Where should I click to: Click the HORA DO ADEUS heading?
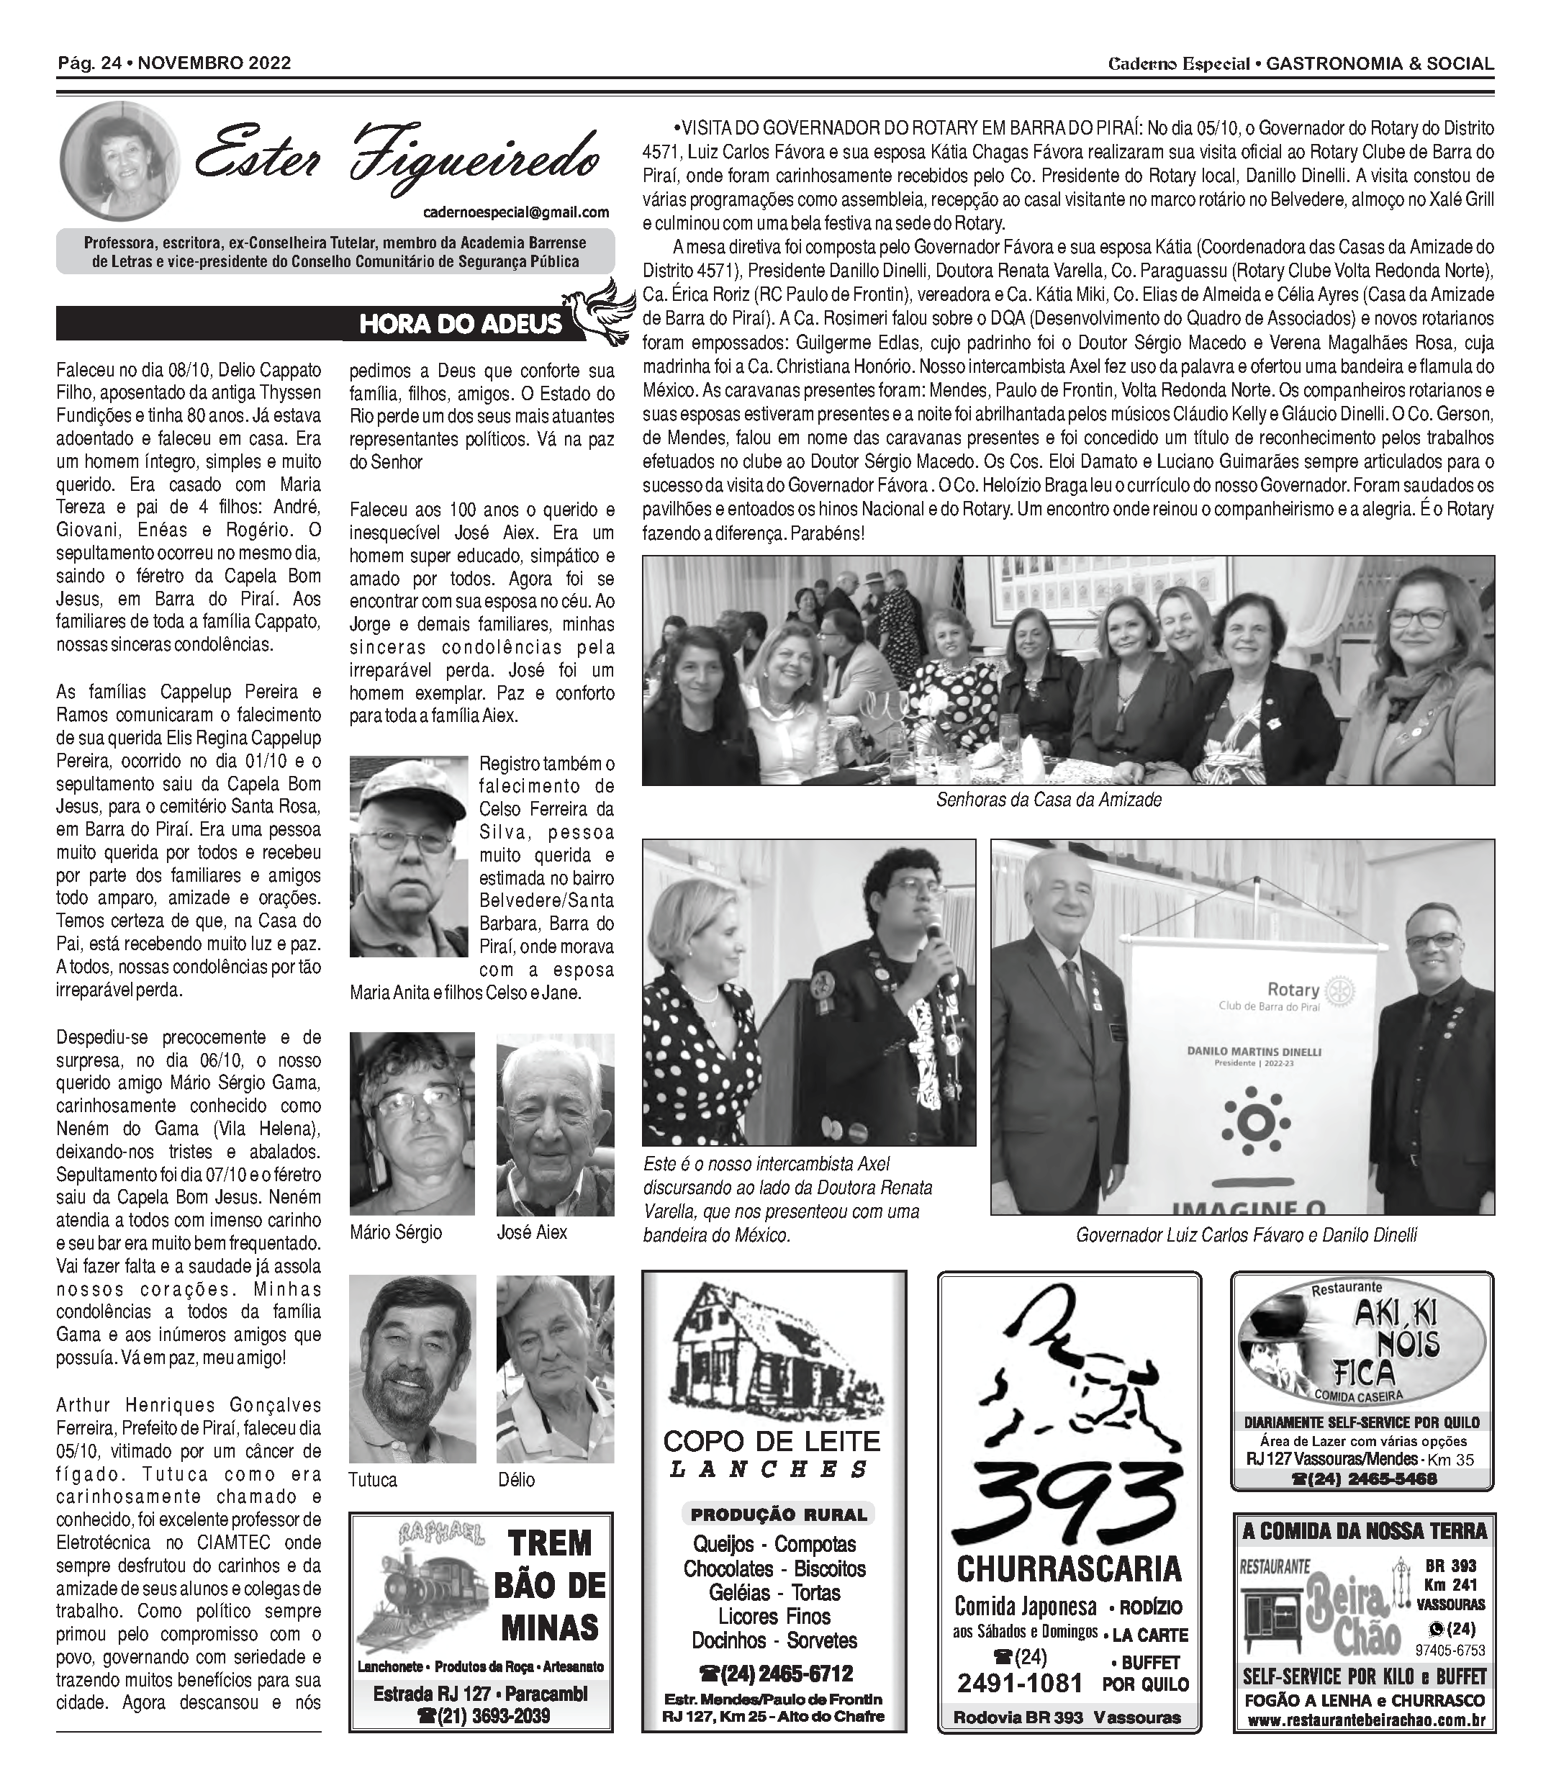(x=461, y=325)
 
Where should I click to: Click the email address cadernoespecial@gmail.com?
(x=517, y=212)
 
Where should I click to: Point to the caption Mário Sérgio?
(x=396, y=1232)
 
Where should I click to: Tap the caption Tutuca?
(x=373, y=1480)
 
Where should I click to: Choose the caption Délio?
(x=517, y=1480)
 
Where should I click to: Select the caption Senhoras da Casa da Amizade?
(x=1048, y=800)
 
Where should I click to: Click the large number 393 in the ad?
(x=1069, y=1502)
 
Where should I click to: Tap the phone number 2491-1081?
(x=1020, y=1684)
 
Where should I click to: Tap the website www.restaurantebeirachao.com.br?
(x=1363, y=1721)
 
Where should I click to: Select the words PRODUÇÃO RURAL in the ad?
(x=779, y=1514)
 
